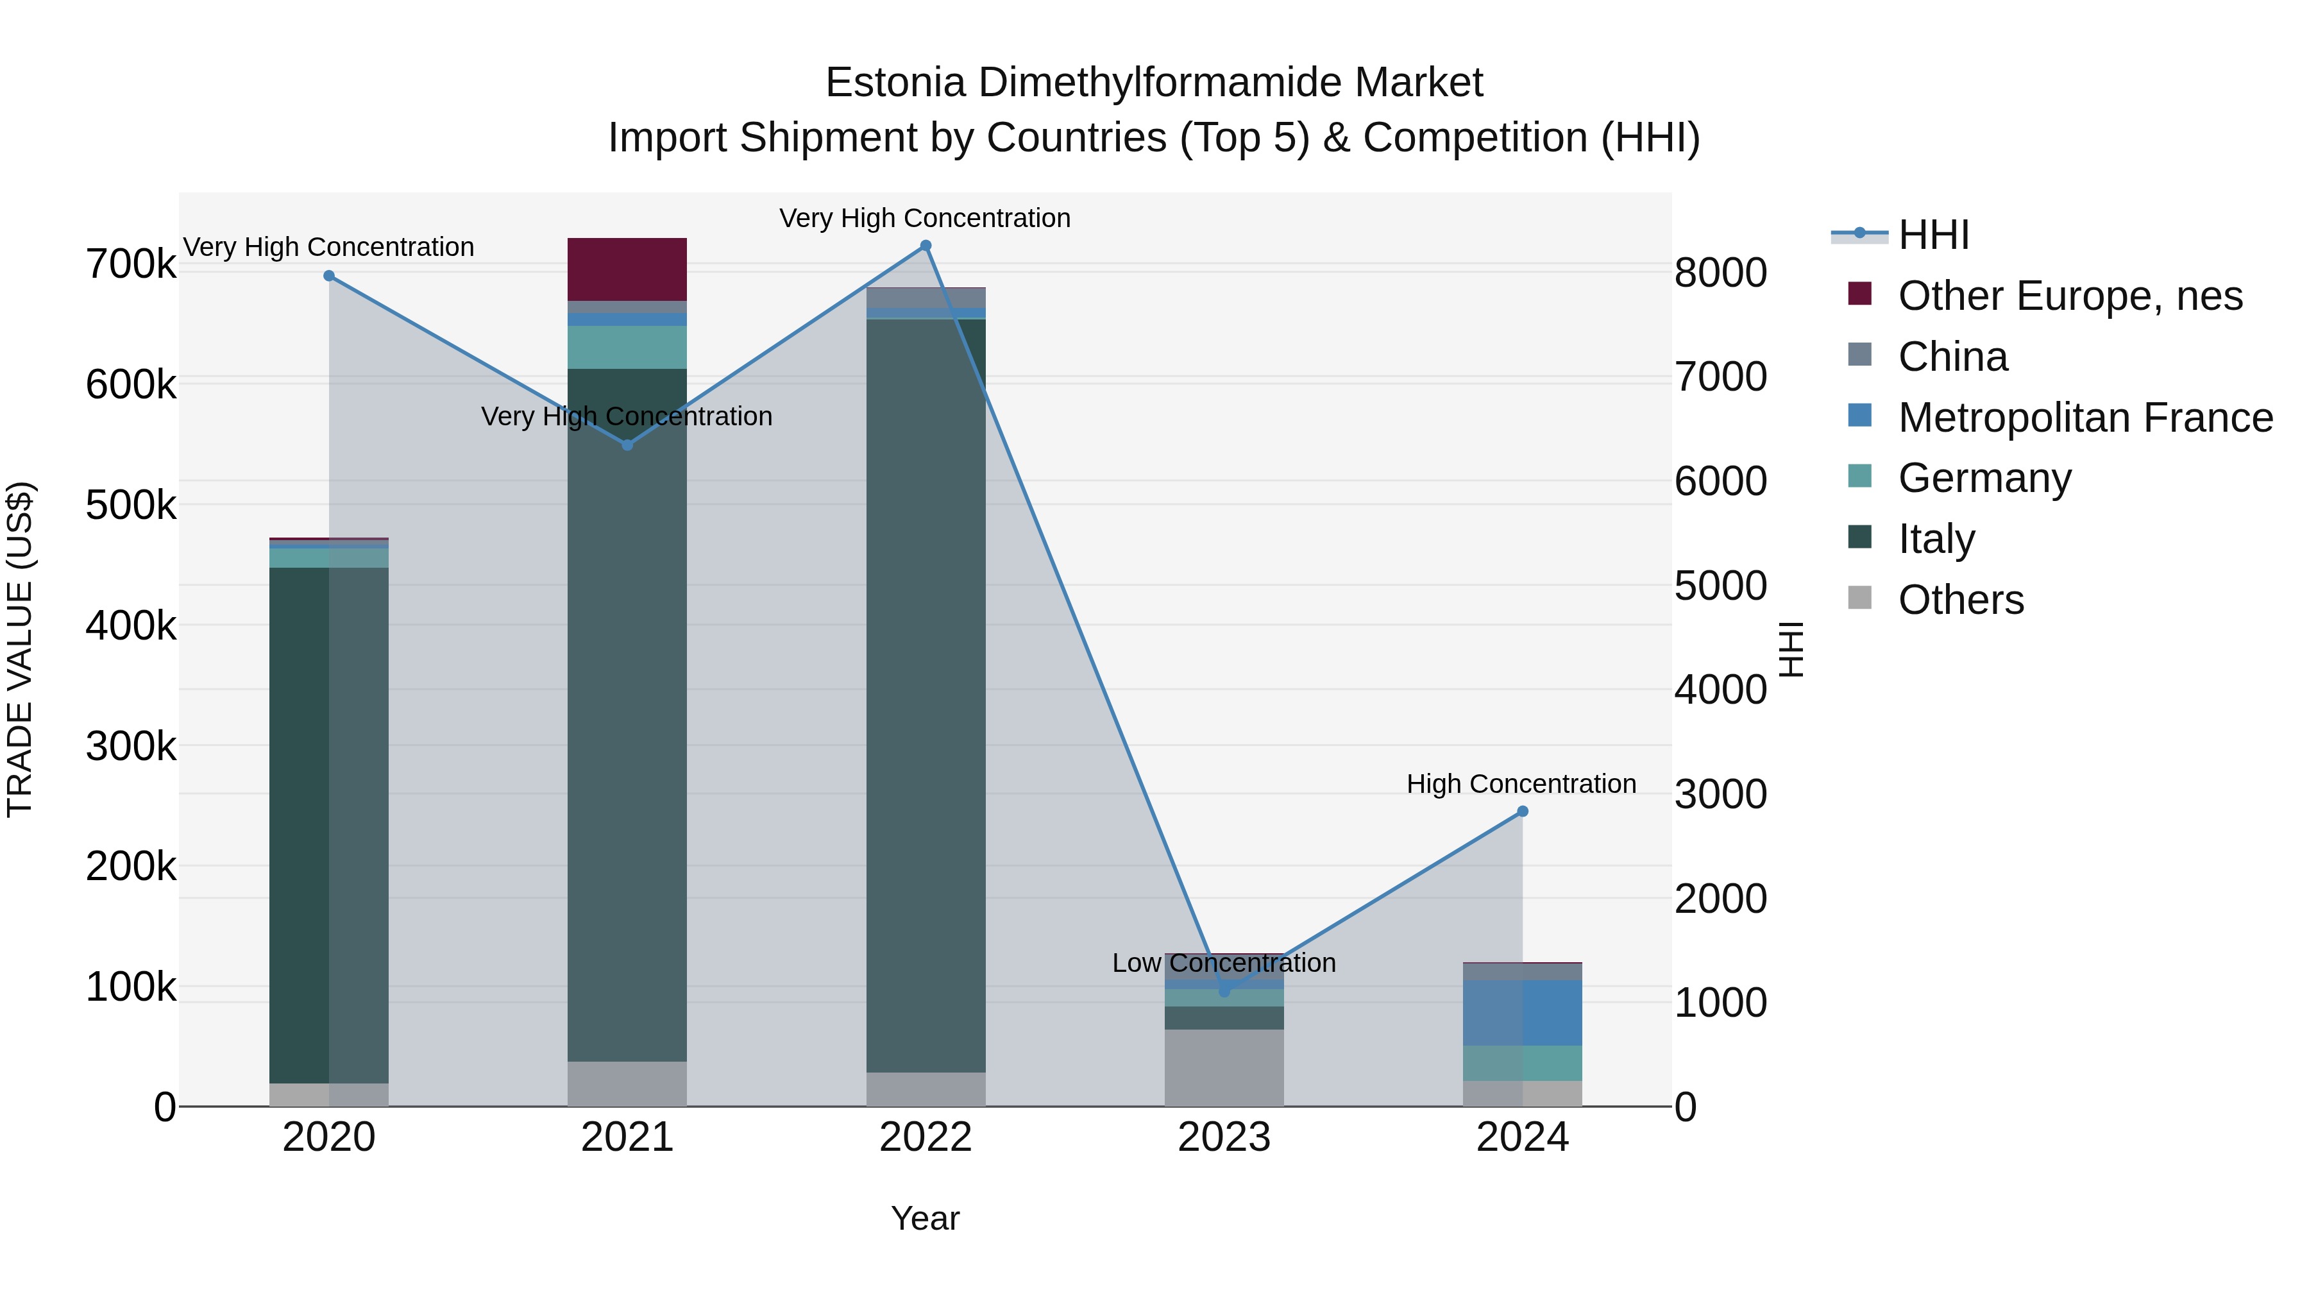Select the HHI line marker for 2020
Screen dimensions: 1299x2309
(329, 276)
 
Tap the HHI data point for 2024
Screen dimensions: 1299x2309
(1522, 811)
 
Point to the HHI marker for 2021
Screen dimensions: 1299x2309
(627, 445)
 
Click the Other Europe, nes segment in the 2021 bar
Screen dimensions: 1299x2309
(627, 269)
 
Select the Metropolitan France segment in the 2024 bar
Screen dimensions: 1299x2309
(1522, 1012)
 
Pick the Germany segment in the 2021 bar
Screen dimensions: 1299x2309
(627, 347)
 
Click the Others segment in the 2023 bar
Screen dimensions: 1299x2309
(1224, 1067)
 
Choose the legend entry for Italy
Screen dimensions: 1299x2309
(1936, 539)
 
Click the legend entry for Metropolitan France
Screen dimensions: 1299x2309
(2085, 418)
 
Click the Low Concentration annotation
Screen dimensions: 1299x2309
(1224, 963)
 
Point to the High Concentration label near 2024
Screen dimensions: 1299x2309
(1521, 783)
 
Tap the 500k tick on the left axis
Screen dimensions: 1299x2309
(131, 505)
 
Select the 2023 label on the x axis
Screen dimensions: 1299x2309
(1224, 1137)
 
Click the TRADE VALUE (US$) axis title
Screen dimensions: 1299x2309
(20, 649)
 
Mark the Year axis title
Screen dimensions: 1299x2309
(925, 1218)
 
